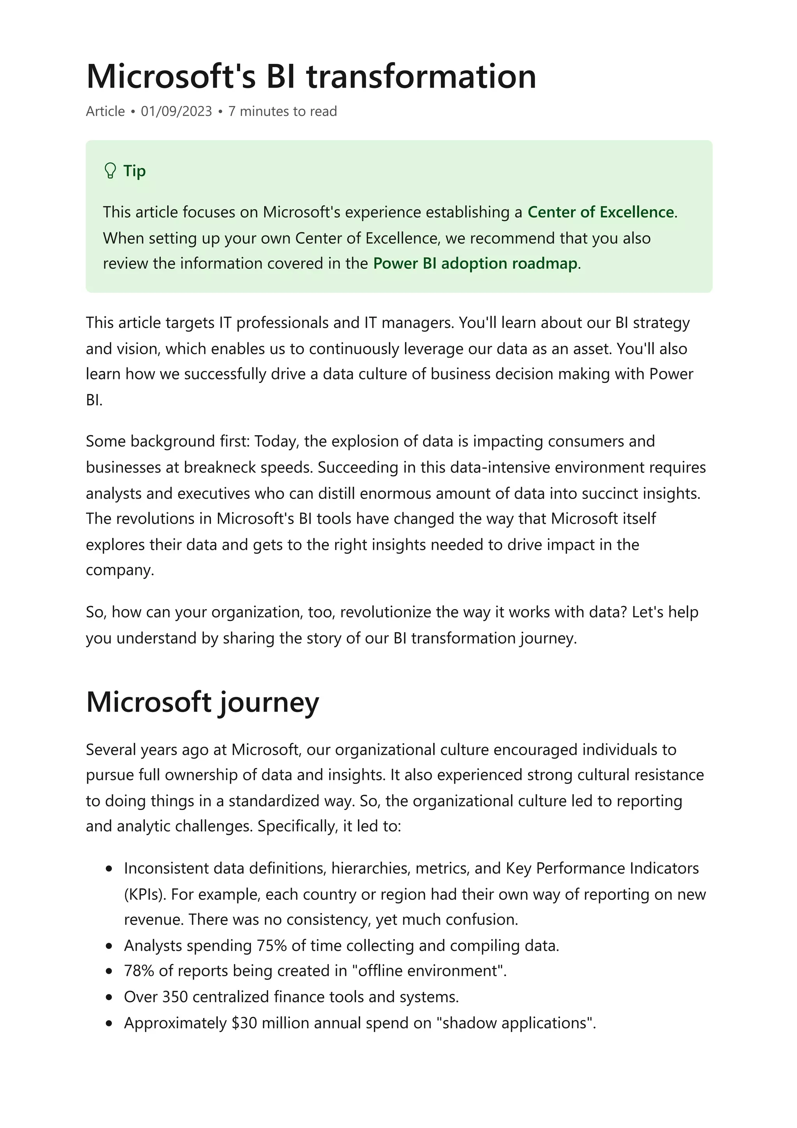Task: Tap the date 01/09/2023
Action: (x=176, y=112)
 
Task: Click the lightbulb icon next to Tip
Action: (x=111, y=171)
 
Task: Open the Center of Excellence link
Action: (x=600, y=212)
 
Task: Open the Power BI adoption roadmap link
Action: (x=475, y=264)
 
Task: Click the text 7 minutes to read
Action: (x=283, y=112)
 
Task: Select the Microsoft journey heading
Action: (x=202, y=702)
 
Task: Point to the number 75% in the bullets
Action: (x=272, y=946)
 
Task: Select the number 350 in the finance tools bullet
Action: (x=175, y=997)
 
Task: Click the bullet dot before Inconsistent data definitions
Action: (x=109, y=869)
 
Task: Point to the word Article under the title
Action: (x=105, y=112)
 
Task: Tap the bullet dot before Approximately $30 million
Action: (x=109, y=1023)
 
